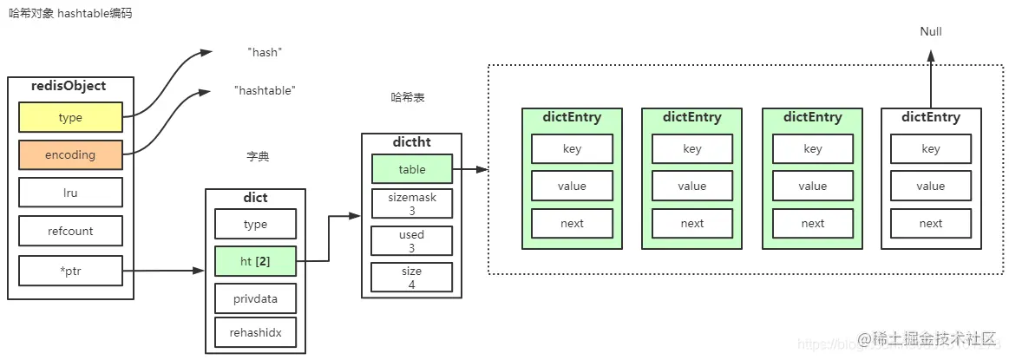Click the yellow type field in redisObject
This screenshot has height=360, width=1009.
70,117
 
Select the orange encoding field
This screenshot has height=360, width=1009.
70,155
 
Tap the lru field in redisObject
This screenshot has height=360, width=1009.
70,193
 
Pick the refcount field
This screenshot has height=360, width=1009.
70,232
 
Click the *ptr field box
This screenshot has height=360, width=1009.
70,272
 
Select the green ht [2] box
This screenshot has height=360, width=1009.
255,261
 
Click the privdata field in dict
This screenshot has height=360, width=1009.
255,298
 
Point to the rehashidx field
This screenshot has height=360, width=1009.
255,332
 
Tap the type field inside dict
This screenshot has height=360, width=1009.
255,224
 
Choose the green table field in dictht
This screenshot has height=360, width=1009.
411,169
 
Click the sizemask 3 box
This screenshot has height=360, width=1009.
411,204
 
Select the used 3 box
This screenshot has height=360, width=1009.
411,240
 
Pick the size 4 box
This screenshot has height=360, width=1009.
411,277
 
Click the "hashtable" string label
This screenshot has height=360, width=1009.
265,90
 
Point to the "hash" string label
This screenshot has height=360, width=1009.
265,52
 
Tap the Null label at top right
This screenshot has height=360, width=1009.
930,32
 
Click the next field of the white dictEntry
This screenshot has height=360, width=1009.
930,223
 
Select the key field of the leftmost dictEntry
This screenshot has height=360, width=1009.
572,149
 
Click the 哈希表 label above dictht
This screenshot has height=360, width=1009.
408,98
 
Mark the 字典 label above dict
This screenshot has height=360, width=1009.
258,157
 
